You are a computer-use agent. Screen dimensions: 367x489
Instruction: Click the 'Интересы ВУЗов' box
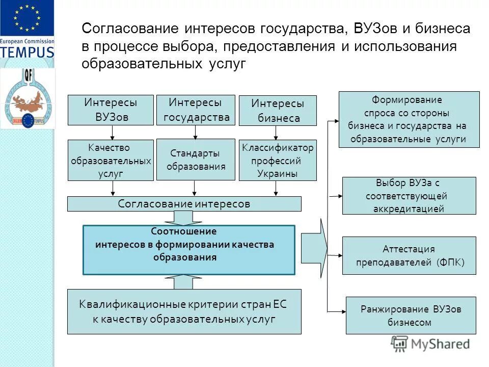(111, 110)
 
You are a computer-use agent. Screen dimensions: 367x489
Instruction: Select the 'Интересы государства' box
(196, 110)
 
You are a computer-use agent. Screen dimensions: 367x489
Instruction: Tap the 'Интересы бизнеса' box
(278, 111)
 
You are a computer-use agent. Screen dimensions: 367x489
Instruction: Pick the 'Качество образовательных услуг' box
(111, 161)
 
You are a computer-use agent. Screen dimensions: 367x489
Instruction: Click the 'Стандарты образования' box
(196, 160)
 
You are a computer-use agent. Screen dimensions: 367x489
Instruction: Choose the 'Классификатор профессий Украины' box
(278, 161)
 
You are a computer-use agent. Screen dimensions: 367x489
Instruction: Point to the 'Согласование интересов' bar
(184, 204)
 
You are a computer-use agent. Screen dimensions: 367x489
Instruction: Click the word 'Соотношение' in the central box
(184, 231)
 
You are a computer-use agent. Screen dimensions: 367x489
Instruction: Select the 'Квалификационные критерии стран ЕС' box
(184, 311)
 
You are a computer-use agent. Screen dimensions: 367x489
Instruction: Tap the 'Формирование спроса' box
(409, 119)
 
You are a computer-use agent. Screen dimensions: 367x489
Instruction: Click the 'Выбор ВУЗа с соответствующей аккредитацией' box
(409, 196)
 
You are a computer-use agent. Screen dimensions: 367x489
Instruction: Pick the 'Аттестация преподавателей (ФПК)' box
(409, 256)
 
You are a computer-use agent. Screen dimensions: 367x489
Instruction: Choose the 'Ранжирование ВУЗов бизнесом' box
(411, 316)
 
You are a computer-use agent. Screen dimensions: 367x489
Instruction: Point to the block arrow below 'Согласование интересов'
(184, 218)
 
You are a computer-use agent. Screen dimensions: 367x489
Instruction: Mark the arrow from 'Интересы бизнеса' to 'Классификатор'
(276, 133)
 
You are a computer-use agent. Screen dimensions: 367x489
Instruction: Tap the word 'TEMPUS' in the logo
(26, 51)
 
